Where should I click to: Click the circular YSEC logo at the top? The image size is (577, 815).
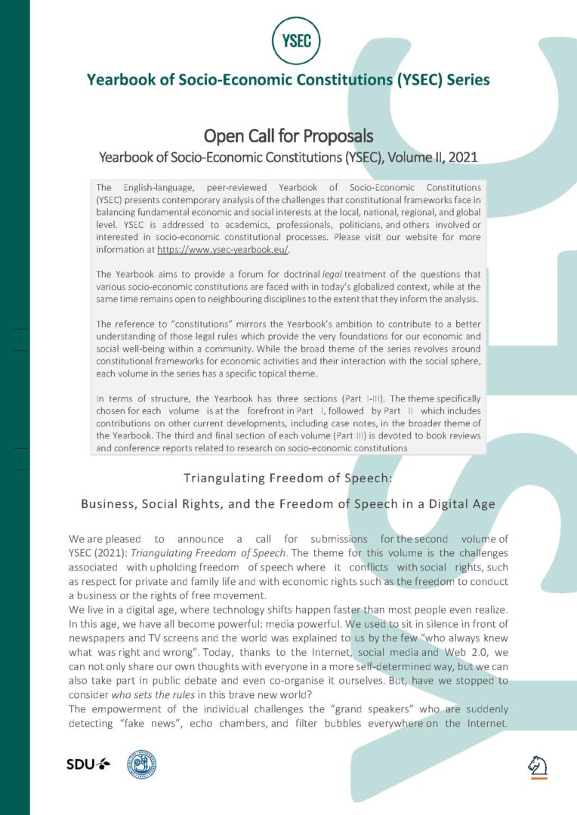(x=296, y=39)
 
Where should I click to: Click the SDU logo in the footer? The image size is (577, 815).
(x=88, y=764)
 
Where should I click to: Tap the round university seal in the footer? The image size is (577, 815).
(x=141, y=764)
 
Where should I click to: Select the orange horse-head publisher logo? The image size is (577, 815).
(x=537, y=766)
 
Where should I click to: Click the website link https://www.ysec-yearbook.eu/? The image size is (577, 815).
(x=223, y=249)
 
